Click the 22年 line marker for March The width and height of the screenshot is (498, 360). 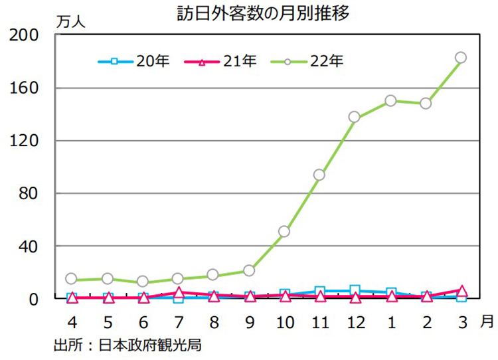(461, 58)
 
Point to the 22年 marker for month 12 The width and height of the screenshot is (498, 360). (355, 117)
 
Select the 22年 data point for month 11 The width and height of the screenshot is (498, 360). (319, 175)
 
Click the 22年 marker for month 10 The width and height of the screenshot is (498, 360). (284, 231)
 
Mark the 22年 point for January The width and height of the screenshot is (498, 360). (390, 101)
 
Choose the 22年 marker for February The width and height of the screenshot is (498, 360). (426, 104)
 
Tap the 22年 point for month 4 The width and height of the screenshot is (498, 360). (72, 279)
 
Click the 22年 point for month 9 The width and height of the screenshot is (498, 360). (249, 270)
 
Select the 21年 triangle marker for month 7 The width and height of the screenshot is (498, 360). (178, 292)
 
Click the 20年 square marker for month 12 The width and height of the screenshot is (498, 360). (355, 290)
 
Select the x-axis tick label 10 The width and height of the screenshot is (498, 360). (284, 323)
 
